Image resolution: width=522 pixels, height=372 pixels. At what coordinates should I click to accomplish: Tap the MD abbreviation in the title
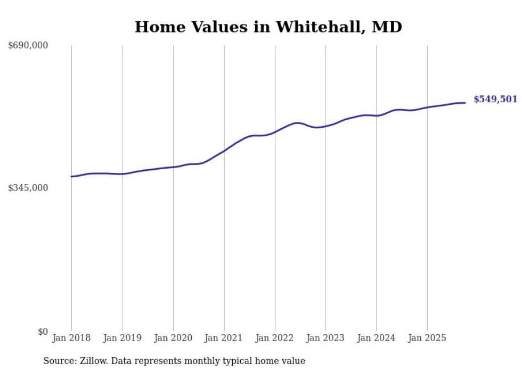[386, 27]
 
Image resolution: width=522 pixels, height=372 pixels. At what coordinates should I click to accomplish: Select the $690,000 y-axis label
[28, 45]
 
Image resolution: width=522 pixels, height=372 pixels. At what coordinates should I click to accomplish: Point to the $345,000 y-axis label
[28, 188]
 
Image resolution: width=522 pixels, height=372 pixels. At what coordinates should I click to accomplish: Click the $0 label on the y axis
[43, 332]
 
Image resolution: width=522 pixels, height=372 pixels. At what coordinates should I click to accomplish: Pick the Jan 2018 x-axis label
[71, 338]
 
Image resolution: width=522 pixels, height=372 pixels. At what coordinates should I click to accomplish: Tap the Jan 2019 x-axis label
[123, 338]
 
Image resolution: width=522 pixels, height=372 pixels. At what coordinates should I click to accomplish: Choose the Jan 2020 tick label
[173, 338]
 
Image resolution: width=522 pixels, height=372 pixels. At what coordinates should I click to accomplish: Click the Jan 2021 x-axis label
[224, 338]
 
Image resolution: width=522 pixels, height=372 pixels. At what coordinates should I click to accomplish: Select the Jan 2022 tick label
[275, 338]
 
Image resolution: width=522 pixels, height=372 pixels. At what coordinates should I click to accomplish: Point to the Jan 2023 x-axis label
[325, 338]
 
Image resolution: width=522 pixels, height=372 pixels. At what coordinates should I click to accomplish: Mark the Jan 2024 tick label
[376, 338]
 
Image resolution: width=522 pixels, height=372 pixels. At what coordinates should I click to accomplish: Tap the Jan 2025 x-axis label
[427, 338]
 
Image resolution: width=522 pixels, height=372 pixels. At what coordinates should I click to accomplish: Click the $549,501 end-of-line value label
[495, 99]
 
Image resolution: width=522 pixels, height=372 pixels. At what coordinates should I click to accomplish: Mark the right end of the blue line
[465, 103]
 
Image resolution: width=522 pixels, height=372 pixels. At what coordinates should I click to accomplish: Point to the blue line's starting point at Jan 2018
[71, 176]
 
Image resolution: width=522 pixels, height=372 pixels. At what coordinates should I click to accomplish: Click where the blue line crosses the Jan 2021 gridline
[224, 151]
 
